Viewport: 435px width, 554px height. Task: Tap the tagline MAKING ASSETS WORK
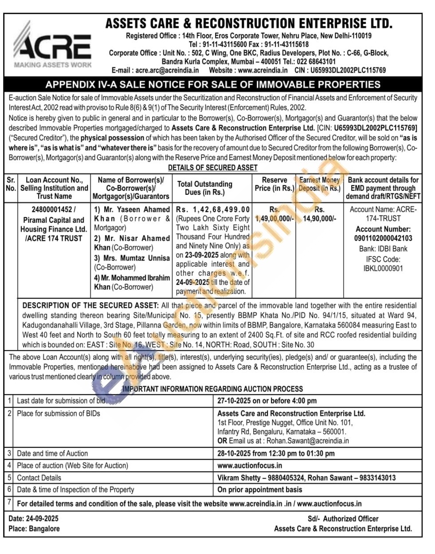(x=53, y=65)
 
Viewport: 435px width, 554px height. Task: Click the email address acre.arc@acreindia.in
(x=167, y=70)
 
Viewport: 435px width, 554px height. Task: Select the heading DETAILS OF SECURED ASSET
(x=213, y=167)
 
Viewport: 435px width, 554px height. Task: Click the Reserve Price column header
(x=274, y=184)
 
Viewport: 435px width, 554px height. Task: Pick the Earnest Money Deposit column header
(x=319, y=184)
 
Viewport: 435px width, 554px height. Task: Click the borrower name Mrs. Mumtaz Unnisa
(x=132, y=258)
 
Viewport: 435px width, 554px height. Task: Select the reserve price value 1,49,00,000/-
(x=274, y=219)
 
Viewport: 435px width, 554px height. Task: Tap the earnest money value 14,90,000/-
(x=319, y=219)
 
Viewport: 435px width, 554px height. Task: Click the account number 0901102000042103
(x=383, y=238)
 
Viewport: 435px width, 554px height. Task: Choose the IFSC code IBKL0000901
(x=383, y=269)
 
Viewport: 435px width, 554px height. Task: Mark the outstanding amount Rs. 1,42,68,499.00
(x=213, y=209)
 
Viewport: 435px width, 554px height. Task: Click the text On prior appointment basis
(x=259, y=490)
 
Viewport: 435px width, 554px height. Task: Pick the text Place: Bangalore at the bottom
(x=34, y=529)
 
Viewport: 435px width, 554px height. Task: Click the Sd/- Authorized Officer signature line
(x=343, y=519)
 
